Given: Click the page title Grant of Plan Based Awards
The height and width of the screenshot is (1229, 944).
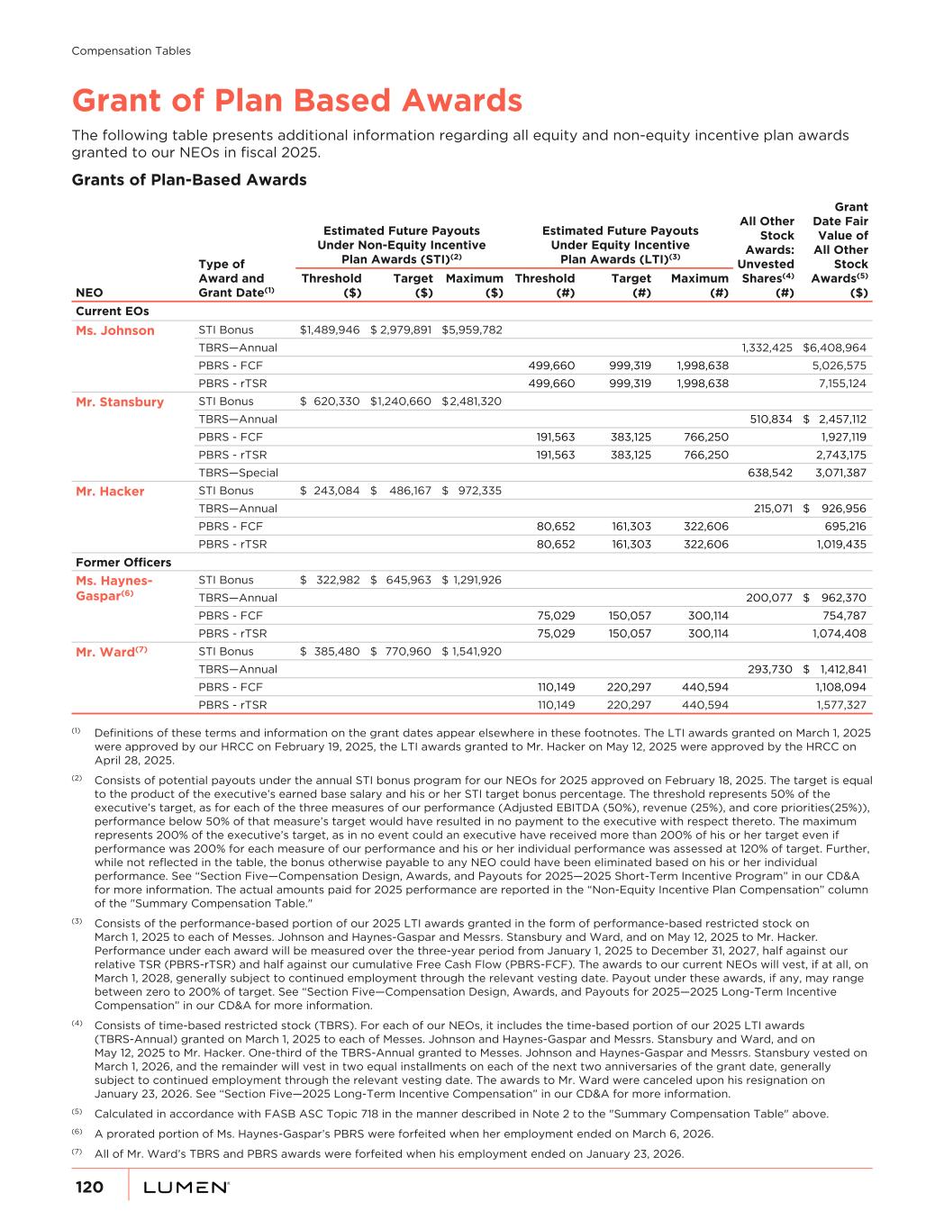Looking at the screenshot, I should click(296, 100).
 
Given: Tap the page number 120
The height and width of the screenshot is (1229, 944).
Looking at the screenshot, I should click(89, 1188).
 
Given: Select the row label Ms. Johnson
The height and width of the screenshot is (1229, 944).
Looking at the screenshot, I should click(114, 330).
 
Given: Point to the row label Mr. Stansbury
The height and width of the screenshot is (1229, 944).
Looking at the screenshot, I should click(120, 402).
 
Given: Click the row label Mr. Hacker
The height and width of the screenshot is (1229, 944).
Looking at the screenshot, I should click(110, 492).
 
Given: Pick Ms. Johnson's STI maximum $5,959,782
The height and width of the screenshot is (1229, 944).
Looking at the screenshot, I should click(472, 330).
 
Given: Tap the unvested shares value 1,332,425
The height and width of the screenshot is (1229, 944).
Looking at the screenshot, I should click(767, 348).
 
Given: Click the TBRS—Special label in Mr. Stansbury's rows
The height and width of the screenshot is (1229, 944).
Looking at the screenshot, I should click(238, 473).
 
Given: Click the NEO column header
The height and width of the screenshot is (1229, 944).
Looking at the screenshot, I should click(89, 293).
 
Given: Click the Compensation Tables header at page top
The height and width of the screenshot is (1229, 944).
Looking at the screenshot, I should click(131, 51).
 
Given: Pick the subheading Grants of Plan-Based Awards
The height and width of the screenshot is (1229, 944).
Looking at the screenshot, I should click(188, 180).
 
